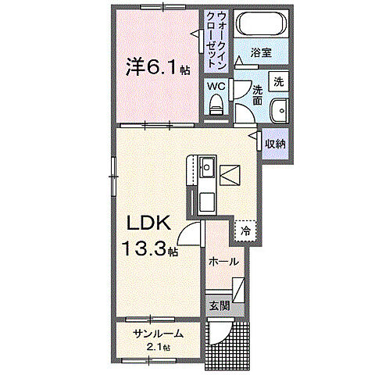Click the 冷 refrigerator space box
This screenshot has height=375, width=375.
coord(246,230)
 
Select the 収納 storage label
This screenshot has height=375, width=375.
coord(273,144)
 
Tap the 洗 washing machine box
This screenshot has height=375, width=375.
coord(278,81)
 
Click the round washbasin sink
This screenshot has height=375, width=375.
coord(280,110)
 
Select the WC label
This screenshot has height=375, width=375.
coord(216,87)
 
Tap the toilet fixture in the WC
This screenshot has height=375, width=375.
coord(217,104)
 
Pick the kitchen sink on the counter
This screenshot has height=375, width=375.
coord(207,167)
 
